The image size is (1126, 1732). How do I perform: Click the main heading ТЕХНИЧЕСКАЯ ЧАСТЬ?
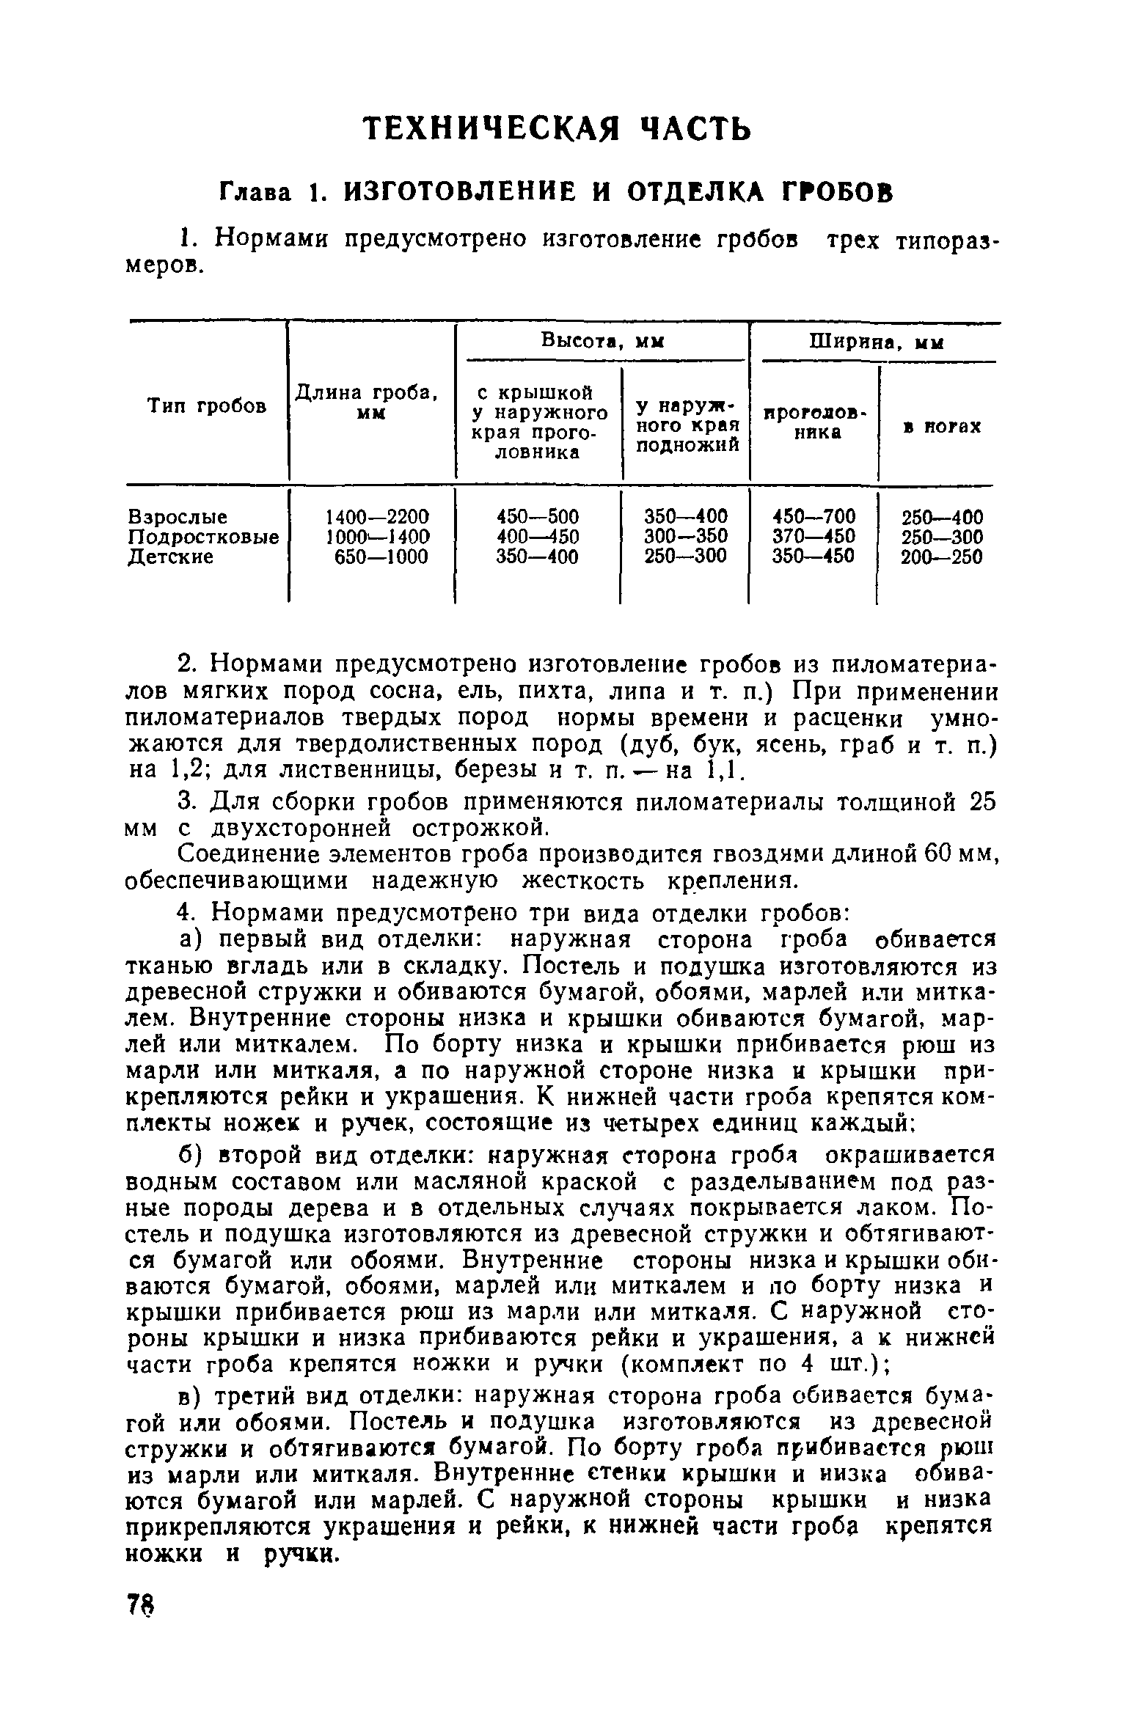(558, 129)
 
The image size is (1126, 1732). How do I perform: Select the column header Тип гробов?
(207, 406)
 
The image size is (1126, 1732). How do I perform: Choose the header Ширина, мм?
(876, 342)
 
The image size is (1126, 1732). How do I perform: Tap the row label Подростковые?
(203, 537)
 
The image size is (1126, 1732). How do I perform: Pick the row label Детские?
(171, 557)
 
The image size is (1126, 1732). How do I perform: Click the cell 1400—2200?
(377, 516)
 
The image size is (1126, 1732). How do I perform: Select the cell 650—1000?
(381, 557)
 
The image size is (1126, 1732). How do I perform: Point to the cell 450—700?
(814, 516)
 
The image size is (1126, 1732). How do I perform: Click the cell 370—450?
(814, 537)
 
